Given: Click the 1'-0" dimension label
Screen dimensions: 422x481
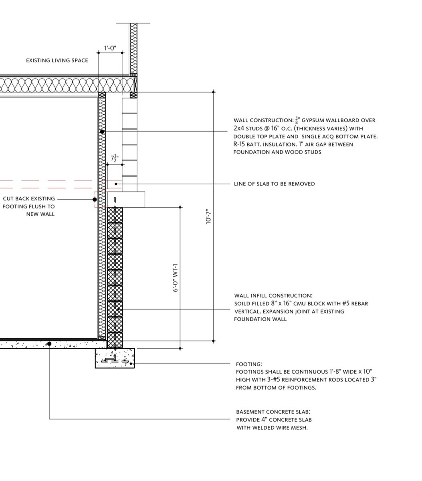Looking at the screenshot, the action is (110, 48).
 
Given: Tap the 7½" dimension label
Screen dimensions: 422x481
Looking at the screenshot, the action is (115, 158).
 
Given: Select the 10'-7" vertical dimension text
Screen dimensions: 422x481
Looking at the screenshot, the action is (208, 216).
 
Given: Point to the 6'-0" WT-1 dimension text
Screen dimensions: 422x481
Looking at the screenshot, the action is (175, 277).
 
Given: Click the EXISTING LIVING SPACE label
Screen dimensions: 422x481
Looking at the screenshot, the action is (57, 61).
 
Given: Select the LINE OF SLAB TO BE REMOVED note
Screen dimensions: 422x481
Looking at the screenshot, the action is (275, 184).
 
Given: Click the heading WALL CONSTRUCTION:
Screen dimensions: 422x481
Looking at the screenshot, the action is (263, 120).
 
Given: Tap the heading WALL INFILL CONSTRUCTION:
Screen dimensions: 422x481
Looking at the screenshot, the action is (273, 295).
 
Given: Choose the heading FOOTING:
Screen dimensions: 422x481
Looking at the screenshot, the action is (249, 364).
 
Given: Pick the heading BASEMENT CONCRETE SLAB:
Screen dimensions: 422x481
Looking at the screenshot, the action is (273, 412).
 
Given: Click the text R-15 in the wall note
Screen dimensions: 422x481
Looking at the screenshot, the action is (239, 144).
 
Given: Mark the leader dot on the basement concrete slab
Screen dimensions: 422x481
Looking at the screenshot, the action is (49, 344).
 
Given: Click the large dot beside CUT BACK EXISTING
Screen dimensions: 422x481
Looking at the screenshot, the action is (95, 200).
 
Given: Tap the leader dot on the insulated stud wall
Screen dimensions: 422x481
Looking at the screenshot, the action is (102, 131).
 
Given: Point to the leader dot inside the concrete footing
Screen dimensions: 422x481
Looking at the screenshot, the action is (131, 364).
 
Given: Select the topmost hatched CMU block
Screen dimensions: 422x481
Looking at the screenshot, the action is (115, 215).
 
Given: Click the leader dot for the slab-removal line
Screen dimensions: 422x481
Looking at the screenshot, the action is (116, 184).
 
